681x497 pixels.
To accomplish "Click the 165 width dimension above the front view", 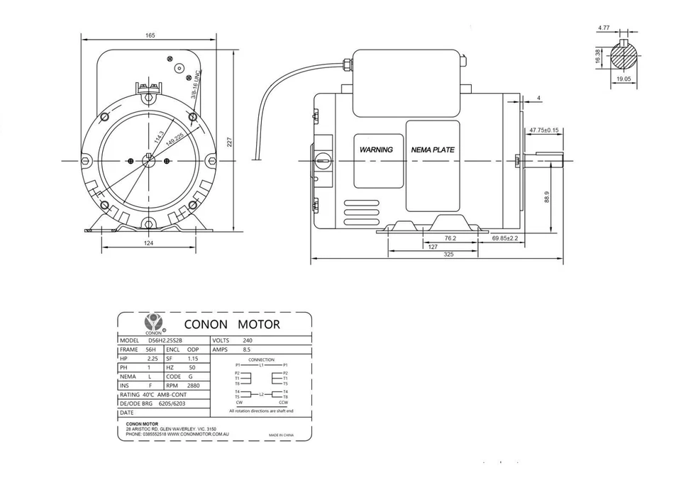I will click(150, 35).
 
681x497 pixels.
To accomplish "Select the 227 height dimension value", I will click(229, 142).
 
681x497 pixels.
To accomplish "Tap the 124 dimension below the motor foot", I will click(148, 242).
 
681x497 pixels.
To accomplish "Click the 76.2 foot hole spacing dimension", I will click(450, 238).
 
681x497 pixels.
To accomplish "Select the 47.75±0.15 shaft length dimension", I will click(544, 130).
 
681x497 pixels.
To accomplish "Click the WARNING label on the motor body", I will click(376, 150).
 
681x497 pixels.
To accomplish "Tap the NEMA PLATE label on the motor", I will click(433, 150).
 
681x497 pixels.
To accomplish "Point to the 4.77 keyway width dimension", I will click(604, 28).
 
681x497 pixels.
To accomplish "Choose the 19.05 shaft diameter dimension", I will click(624, 80).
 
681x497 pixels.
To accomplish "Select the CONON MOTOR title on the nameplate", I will click(232, 325).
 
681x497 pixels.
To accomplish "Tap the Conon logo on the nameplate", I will click(153, 323).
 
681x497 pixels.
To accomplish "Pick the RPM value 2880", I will click(193, 386).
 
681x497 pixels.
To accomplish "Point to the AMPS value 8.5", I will click(246, 350).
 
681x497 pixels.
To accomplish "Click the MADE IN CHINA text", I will click(281, 434).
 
